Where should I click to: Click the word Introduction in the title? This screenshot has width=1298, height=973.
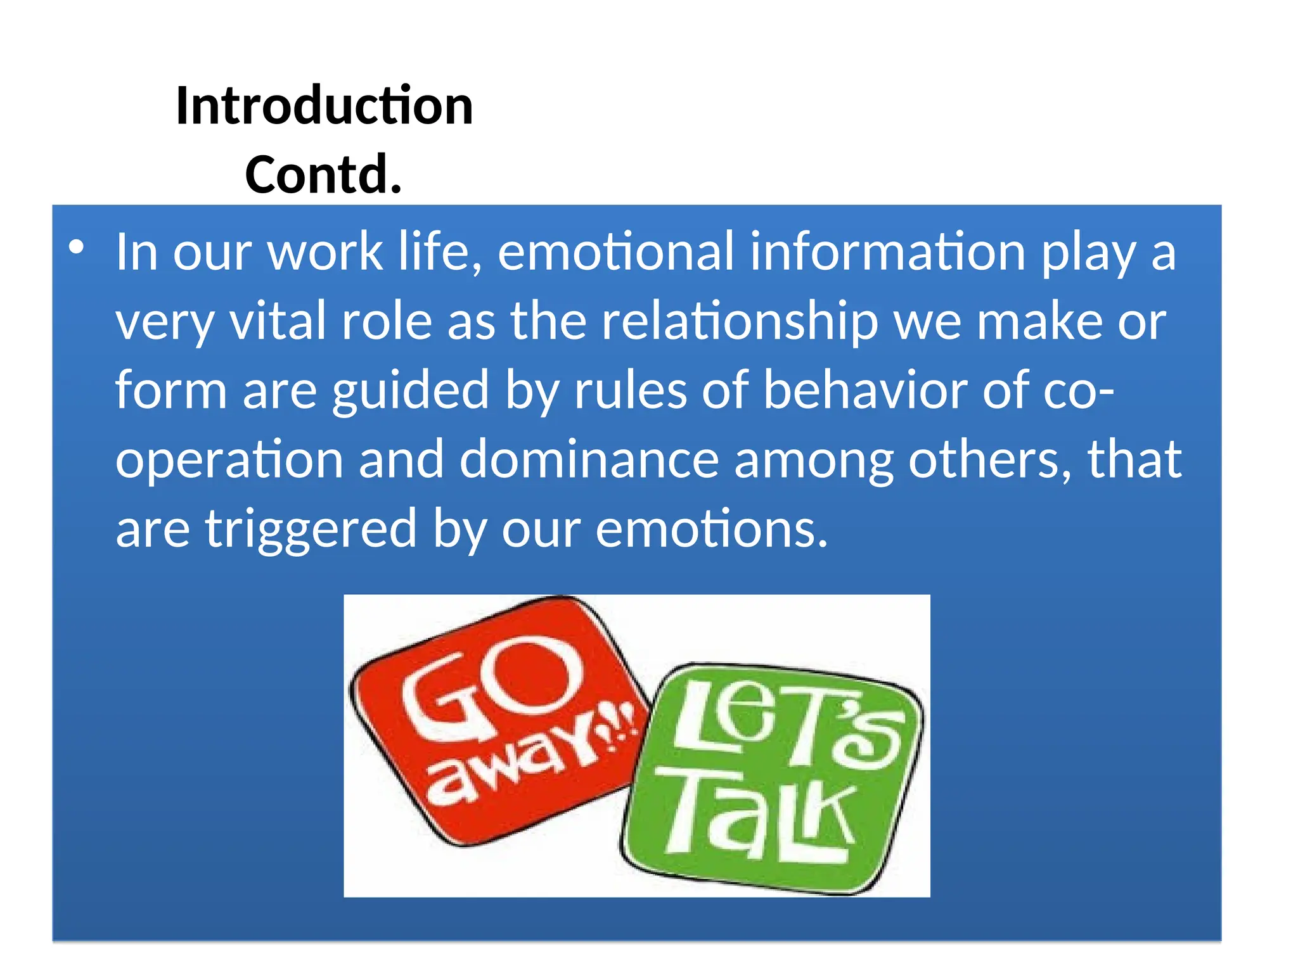324,106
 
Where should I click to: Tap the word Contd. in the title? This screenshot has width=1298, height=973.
323,174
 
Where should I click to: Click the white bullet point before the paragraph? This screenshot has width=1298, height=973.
77,247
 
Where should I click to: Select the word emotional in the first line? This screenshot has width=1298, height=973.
615,252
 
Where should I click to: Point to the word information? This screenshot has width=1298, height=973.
887,252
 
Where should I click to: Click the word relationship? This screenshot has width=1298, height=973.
740,321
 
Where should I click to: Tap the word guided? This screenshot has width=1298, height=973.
411,391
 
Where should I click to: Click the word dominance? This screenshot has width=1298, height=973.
589,459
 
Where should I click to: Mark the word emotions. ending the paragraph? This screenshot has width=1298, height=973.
711,528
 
